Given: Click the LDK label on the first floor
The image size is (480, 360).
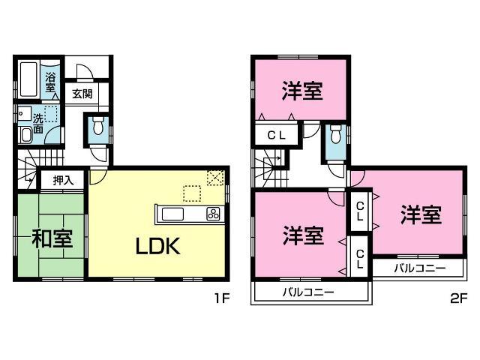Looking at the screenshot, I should [157, 246].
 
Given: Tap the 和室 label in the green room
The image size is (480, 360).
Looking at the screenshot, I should [52, 239].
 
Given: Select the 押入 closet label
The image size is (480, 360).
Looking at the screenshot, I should [63, 180].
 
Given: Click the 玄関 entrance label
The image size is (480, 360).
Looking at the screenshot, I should [82, 94].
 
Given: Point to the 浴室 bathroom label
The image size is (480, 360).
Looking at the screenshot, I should [51, 82].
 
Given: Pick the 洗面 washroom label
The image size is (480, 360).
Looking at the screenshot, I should [37, 124].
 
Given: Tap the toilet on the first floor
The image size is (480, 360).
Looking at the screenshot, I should [97, 129].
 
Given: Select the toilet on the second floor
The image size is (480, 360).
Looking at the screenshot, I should [335, 139].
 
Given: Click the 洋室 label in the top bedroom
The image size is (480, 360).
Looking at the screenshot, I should [303, 91].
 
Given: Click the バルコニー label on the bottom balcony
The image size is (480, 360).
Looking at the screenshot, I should [308, 291].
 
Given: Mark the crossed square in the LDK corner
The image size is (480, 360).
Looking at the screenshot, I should [215, 178].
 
